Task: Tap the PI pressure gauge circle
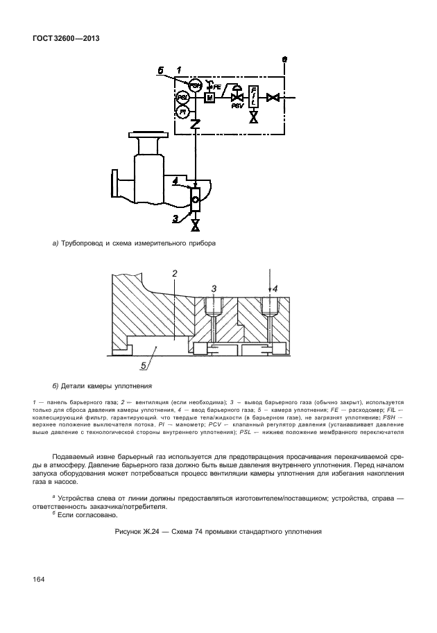[x=183, y=111]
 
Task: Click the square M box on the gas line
[x=209, y=98]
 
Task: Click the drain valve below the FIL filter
[x=254, y=117]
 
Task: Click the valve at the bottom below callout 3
[x=196, y=225]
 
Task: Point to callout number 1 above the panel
[x=178, y=70]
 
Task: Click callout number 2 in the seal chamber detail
[x=175, y=274]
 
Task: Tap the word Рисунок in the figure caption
[x=130, y=532]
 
